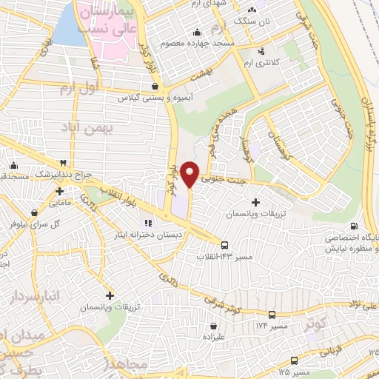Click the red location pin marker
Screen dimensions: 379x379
(190, 174)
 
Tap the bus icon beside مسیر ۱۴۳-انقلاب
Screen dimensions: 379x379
(224, 244)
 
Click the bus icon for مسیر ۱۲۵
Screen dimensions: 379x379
(295, 361)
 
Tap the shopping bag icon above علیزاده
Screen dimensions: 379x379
(214, 325)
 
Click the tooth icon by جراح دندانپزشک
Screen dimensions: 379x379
(64, 164)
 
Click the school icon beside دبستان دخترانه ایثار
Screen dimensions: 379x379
(147, 221)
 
